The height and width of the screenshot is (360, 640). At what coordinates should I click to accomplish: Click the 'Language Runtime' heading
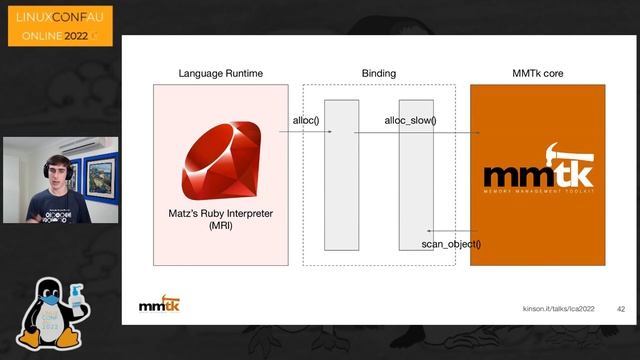point(220,74)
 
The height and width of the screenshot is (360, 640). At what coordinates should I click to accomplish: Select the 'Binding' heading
point(378,74)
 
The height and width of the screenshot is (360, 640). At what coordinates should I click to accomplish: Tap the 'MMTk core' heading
point(538,74)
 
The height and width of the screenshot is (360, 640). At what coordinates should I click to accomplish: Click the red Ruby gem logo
point(220,160)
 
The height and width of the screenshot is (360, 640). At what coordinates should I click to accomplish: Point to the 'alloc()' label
point(305,121)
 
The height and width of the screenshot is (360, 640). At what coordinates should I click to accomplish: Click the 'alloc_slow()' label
point(410,121)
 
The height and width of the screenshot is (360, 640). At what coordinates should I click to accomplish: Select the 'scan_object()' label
point(450,244)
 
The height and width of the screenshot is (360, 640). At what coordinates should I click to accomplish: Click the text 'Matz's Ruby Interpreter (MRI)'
point(220,220)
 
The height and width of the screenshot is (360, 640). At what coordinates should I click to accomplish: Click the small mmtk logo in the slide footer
point(159,304)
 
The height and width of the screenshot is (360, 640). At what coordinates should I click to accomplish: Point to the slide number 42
point(620,309)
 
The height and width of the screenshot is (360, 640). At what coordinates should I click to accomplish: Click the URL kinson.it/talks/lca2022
point(559,309)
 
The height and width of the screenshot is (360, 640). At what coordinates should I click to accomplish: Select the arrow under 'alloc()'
point(304,131)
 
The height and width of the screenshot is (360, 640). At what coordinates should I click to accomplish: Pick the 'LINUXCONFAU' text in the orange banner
point(59,17)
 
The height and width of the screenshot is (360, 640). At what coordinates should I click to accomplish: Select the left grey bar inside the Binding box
point(341,175)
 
